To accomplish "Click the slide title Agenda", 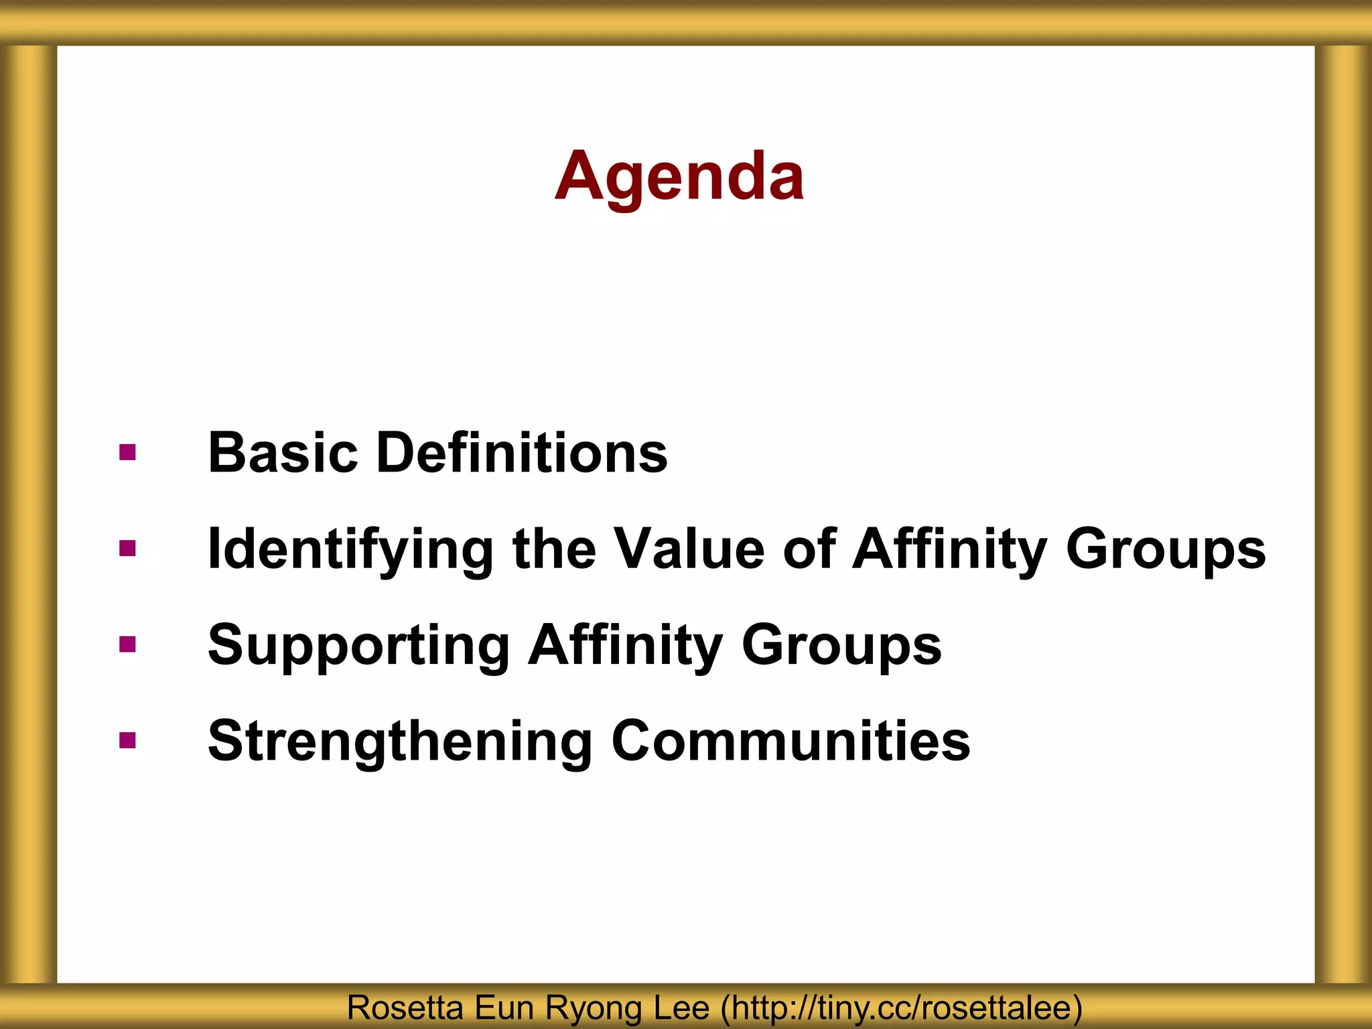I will [679, 176].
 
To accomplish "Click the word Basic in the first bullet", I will [283, 453].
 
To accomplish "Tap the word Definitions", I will [522, 453].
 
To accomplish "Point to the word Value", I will [689, 549].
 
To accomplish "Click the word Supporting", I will [359, 645].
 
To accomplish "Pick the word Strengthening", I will [400, 741].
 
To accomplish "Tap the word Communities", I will [791, 741].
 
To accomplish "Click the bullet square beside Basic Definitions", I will [127, 453].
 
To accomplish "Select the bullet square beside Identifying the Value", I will [127, 549].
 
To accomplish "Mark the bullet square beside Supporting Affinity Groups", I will [127, 644].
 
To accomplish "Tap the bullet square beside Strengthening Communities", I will [127, 740].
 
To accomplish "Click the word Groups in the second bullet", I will [1166, 549].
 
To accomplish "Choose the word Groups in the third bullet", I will [841, 645].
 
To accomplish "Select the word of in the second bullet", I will [809, 549].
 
